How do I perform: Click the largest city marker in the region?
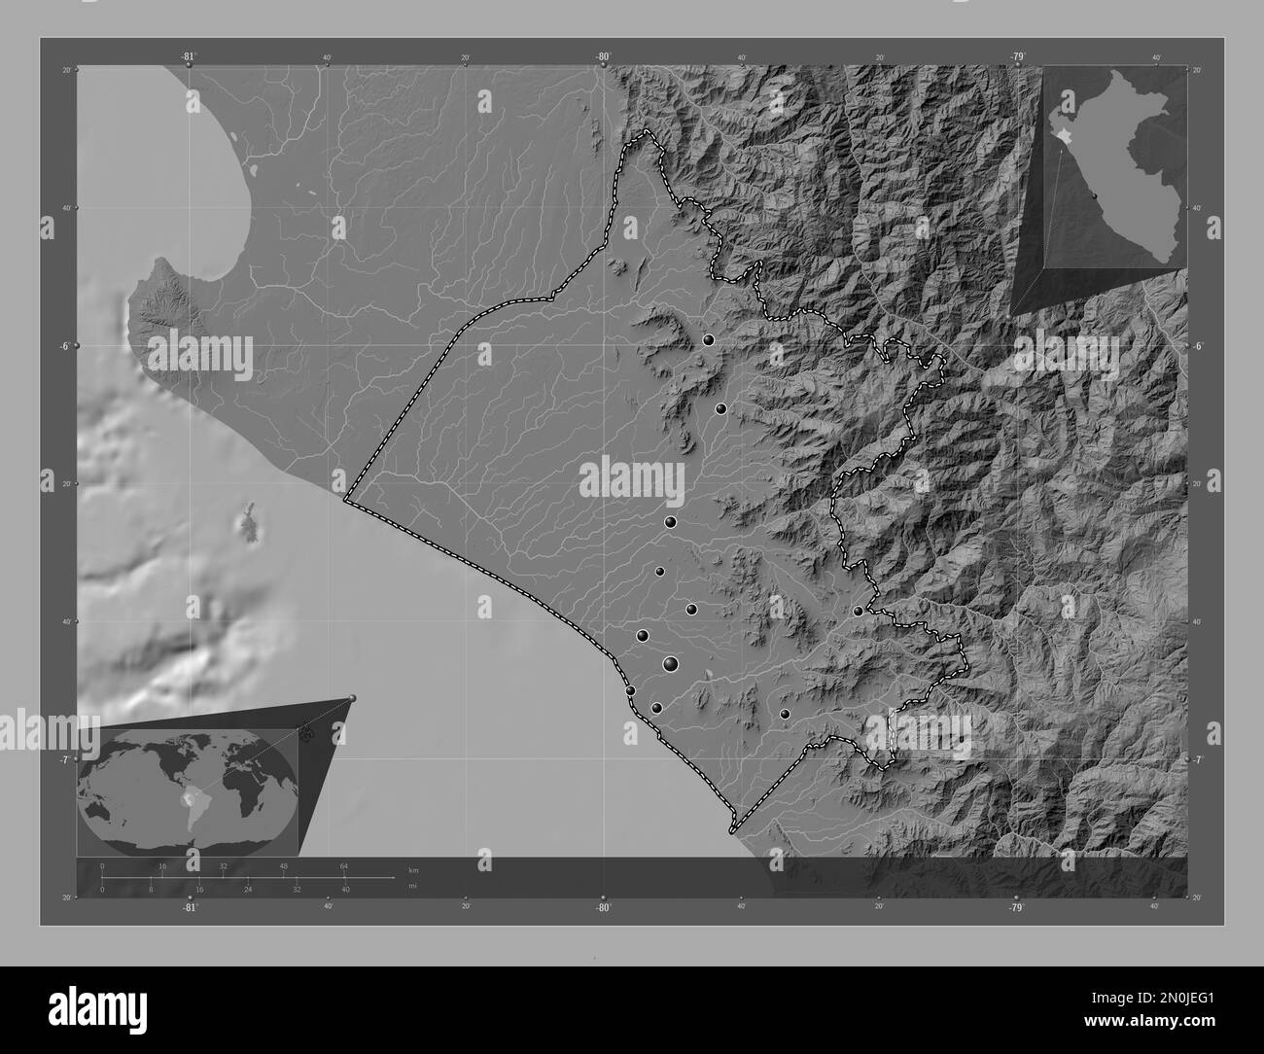[671, 664]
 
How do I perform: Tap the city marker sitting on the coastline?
[630, 690]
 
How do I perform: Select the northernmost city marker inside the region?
[709, 340]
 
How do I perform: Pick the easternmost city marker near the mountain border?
[858, 611]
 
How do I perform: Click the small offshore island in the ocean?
[250, 522]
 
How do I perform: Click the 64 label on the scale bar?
[343, 865]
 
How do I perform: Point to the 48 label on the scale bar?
[283, 865]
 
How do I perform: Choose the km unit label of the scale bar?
[413, 869]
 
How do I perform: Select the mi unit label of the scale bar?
[412, 886]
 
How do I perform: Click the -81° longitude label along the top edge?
[189, 56]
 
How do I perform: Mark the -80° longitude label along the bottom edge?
[603, 907]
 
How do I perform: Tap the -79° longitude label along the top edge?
[1017, 56]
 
